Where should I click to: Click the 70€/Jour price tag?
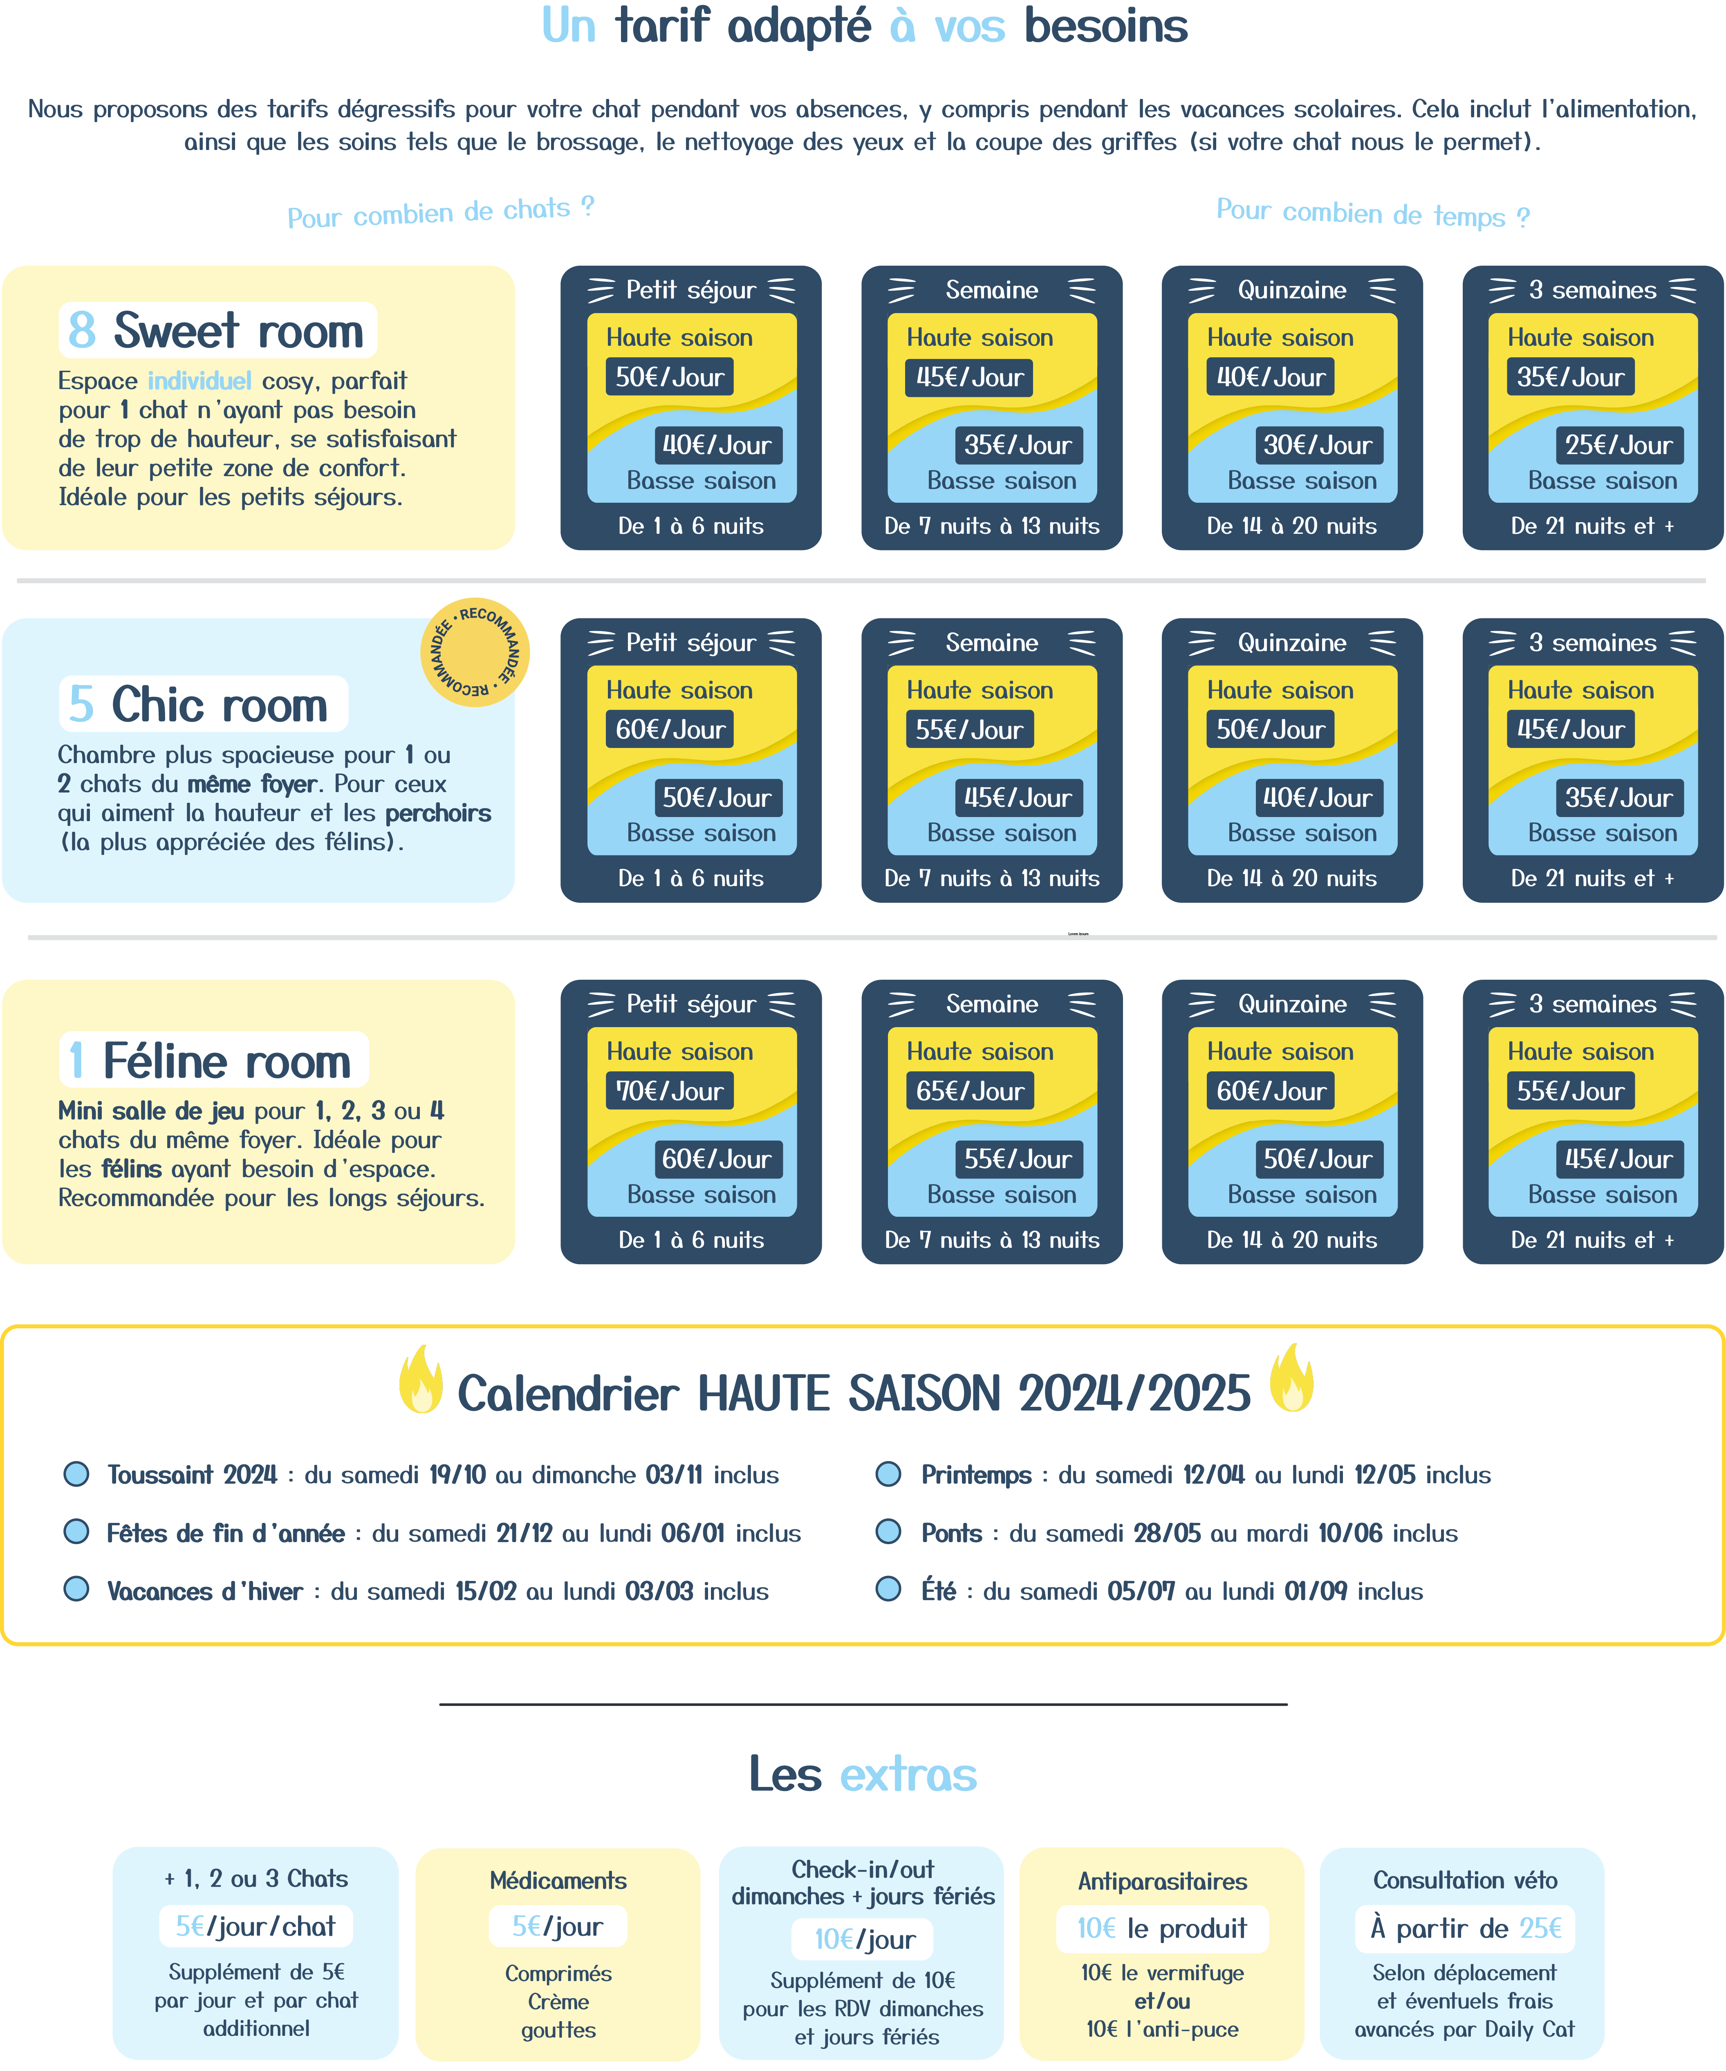[x=670, y=1091]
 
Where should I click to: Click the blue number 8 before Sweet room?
[x=82, y=330]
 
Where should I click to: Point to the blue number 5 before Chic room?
[x=81, y=704]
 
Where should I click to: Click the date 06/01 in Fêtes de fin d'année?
[x=693, y=1533]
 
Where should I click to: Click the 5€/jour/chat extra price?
[x=256, y=1926]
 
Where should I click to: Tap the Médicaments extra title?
[x=558, y=1881]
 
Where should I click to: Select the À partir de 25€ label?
[x=1466, y=1928]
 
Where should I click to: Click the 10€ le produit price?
[x=1162, y=1928]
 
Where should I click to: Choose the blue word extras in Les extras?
[x=908, y=1774]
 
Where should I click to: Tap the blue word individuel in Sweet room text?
[x=199, y=381]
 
